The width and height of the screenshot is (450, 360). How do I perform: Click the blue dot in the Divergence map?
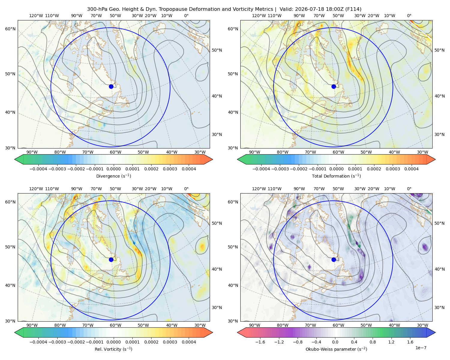tap(111, 86)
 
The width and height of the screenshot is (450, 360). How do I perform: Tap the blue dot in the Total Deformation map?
tap(334, 86)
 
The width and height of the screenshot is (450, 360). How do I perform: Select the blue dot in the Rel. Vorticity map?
tap(111, 259)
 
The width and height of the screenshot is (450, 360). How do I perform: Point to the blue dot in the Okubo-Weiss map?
tap(334, 259)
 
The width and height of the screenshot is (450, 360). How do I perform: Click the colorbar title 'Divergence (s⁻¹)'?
tap(113, 176)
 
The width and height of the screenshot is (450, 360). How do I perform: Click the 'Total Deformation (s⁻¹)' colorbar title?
tap(336, 176)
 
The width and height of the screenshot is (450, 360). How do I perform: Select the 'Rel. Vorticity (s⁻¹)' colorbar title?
tap(113, 349)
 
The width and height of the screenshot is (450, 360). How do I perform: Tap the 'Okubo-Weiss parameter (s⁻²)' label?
tap(336, 349)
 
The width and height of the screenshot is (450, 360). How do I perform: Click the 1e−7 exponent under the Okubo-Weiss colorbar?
tap(421, 348)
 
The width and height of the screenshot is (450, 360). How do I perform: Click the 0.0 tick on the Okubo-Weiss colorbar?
tap(335, 342)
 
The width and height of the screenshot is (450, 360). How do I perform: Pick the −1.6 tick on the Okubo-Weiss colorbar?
tap(260, 342)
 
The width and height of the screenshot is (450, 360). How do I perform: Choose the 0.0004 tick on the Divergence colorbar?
tap(189, 169)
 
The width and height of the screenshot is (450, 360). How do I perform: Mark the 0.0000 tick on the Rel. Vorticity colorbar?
tap(113, 342)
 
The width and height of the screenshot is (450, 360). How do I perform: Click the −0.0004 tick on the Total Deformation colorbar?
tap(261, 169)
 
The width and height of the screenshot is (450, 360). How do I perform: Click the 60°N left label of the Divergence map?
tap(10, 29)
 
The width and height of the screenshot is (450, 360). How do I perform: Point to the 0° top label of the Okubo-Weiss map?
tap(409, 189)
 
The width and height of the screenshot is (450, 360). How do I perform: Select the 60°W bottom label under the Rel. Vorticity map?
tap(115, 325)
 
